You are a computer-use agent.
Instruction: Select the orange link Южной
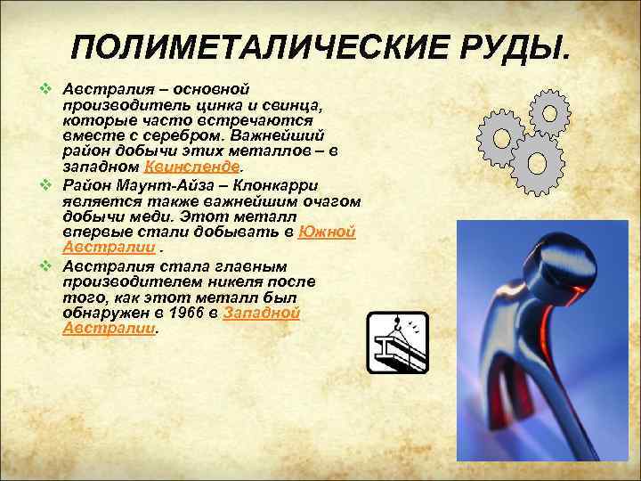pos(327,232)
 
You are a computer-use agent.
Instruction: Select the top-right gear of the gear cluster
pos(549,111)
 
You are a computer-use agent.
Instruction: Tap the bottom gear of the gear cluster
pos(538,163)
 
